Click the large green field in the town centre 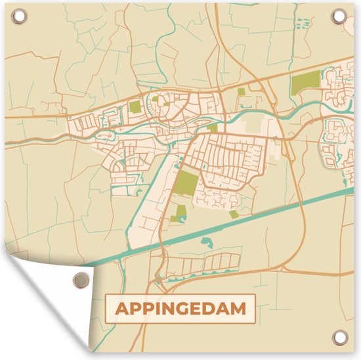[x=187, y=183]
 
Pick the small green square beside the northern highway [x=241, y=92]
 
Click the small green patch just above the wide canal [x=234, y=214]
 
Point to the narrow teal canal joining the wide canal [x=148, y=197]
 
